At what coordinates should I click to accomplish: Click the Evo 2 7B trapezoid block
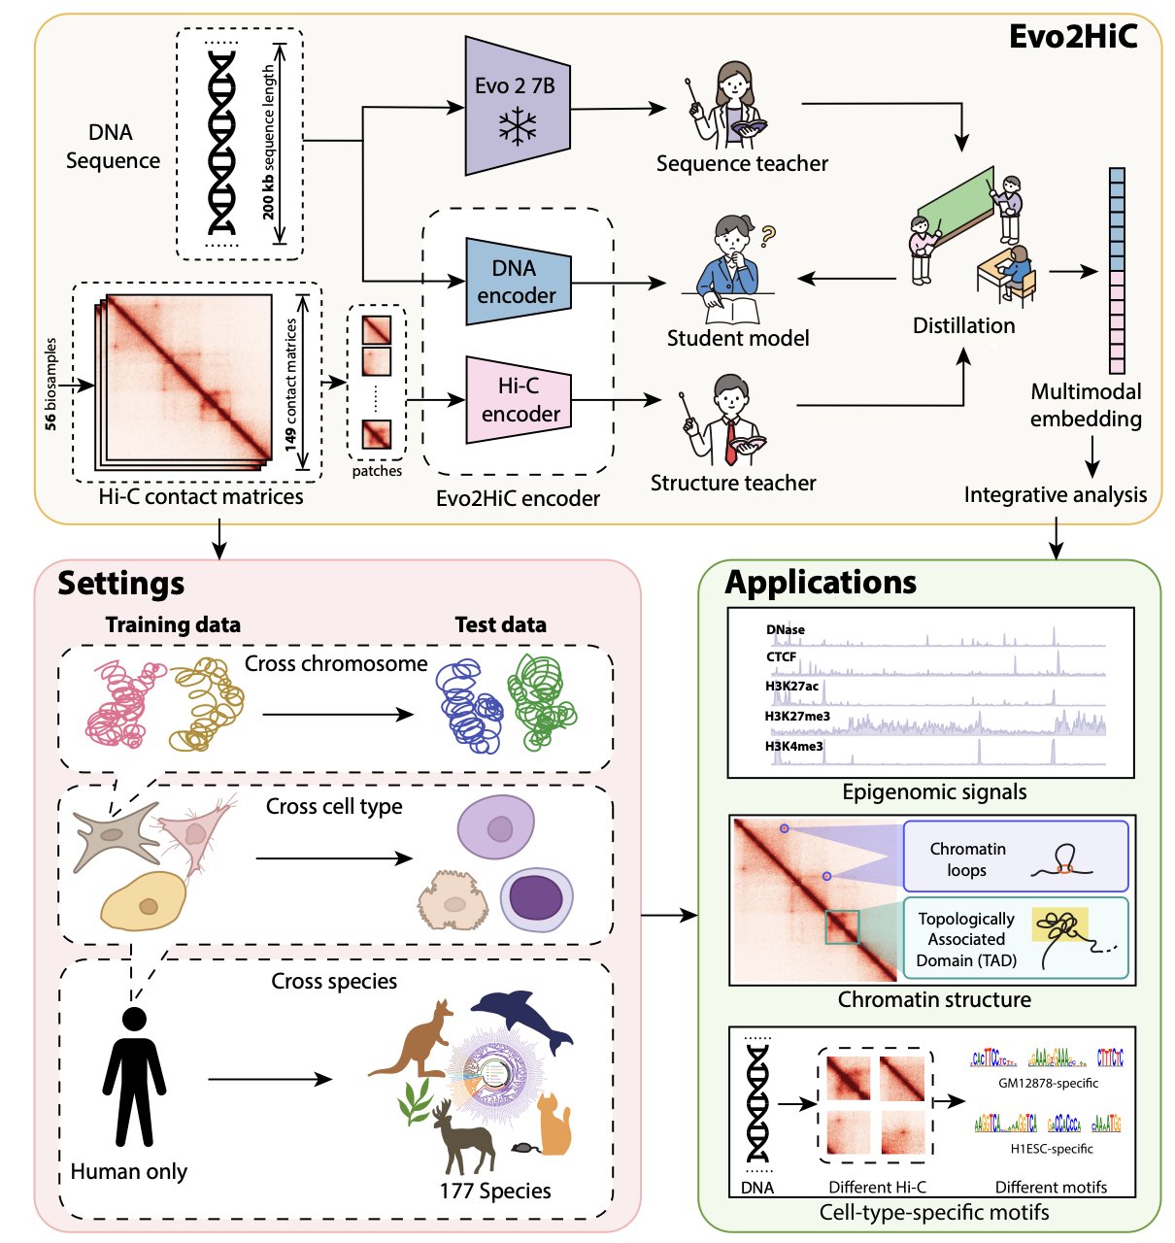[516, 106]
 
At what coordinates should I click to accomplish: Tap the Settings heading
[120, 584]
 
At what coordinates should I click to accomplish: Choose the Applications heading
[821, 582]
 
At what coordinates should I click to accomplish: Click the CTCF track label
[781, 657]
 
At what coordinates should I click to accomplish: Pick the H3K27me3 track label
[797, 717]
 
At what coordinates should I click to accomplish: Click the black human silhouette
[134, 1077]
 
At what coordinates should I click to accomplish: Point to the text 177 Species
[495, 1191]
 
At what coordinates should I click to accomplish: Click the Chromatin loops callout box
[1015, 857]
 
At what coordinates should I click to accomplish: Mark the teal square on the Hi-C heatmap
[842, 926]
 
